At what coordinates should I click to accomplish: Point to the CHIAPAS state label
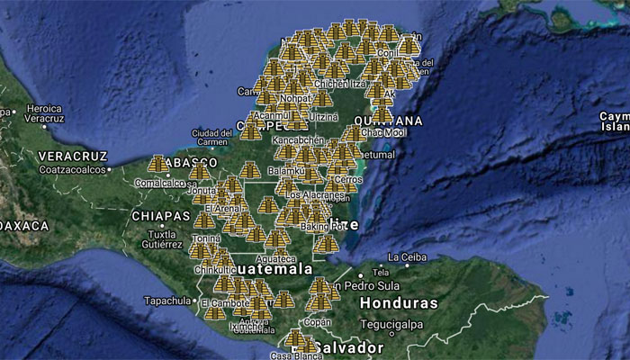click(160, 217)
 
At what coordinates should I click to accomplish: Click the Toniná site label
click(205, 238)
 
